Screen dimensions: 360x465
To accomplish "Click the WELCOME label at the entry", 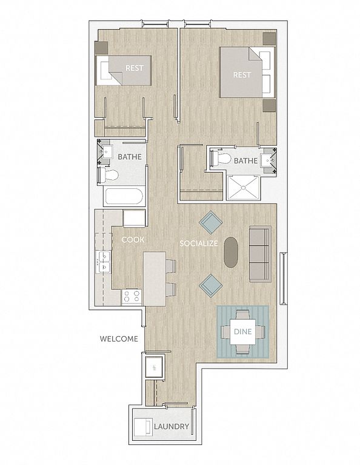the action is pyautogui.click(x=119, y=338).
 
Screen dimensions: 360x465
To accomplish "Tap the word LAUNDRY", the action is pyautogui.click(x=172, y=426).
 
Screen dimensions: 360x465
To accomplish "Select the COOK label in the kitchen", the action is pyautogui.click(x=133, y=240).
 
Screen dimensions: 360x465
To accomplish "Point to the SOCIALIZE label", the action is pyautogui.click(x=199, y=243).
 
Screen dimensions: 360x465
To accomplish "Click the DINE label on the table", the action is pyautogui.click(x=243, y=331).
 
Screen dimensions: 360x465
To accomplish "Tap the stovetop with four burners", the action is pyautogui.click(x=132, y=296).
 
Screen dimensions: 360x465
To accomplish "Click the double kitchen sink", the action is pyautogui.click(x=104, y=262).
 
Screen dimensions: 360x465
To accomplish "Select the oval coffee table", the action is pyautogui.click(x=231, y=252).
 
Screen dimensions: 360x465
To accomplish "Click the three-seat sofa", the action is pyautogui.click(x=260, y=254).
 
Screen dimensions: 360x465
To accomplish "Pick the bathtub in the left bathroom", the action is pyautogui.click(x=124, y=197).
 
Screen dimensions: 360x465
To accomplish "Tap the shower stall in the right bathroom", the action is pyautogui.click(x=244, y=188).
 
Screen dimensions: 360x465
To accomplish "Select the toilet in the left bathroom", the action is pyautogui.click(x=108, y=175).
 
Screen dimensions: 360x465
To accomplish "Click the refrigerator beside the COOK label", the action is pyautogui.click(x=134, y=218).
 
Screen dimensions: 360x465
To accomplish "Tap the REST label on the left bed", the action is pyautogui.click(x=135, y=68).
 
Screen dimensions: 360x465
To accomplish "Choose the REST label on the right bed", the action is pyautogui.click(x=242, y=74).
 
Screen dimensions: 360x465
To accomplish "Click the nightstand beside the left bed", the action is pyautogui.click(x=101, y=47).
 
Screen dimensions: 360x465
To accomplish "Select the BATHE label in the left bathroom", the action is pyautogui.click(x=130, y=157).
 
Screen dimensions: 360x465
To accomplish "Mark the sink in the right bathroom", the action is pyautogui.click(x=268, y=160).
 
